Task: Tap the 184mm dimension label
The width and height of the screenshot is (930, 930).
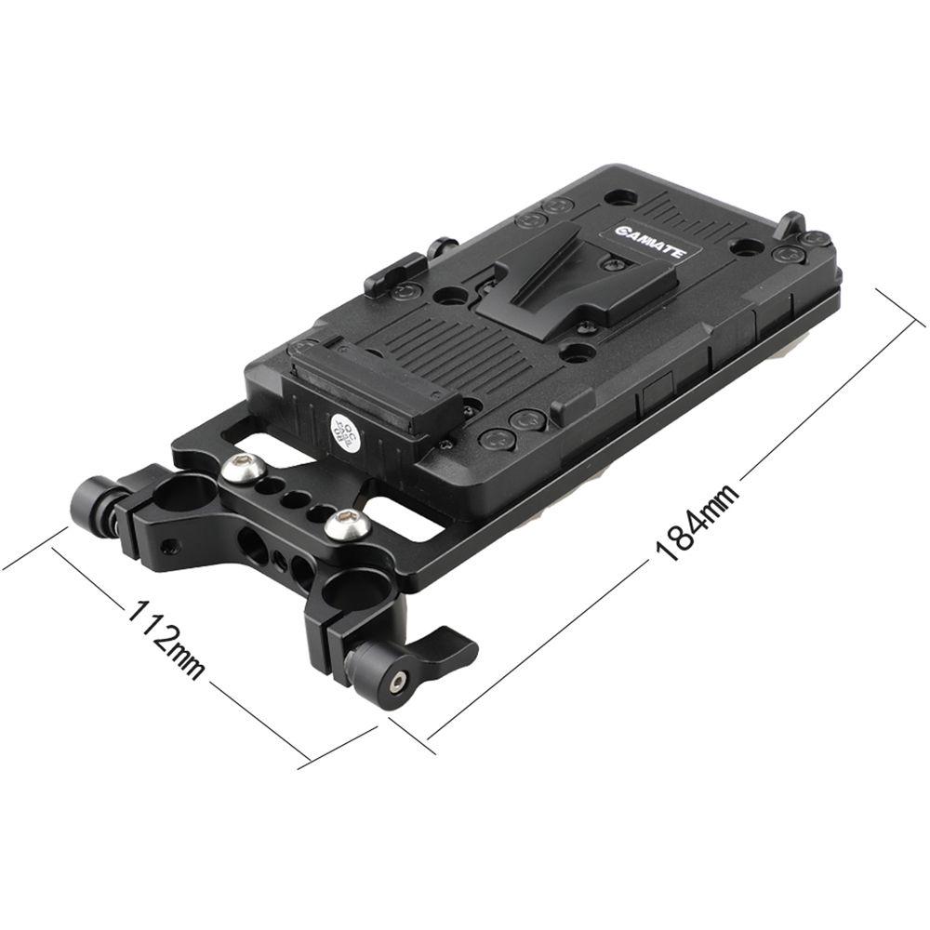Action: pyautogui.click(x=697, y=522)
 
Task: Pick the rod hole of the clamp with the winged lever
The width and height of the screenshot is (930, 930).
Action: pyautogui.click(x=348, y=590)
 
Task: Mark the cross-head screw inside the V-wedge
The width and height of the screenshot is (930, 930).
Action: pyautogui.click(x=610, y=265)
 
